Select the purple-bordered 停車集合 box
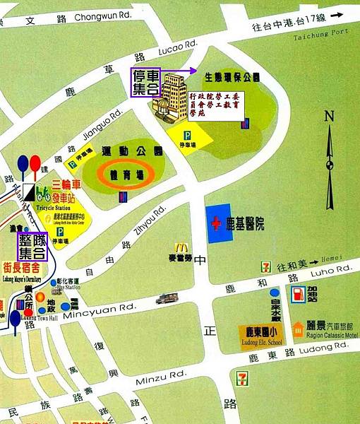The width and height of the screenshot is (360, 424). (x=146, y=83)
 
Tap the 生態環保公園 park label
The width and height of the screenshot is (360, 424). (x=232, y=76)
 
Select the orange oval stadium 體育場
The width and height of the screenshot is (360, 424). (x=123, y=173)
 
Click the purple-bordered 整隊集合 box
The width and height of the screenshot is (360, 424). (x=31, y=247)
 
